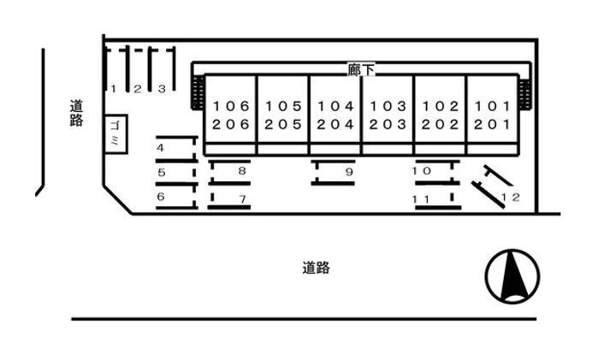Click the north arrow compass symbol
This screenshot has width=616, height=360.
(x=512, y=276)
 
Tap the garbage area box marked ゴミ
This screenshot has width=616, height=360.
(x=115, y=133)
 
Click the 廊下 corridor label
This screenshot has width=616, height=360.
(x=362, y=70)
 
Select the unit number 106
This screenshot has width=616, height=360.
(x=232, y=107)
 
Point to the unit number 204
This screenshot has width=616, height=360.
(x=335, y=124)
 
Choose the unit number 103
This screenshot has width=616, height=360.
(x=388, y=107)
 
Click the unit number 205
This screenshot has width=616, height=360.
(x=284, y=124)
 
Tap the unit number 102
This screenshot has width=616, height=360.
(x=441, y=107)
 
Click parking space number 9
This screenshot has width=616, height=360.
(x=349, y=172)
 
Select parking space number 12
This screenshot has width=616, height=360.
(x=511, y=198)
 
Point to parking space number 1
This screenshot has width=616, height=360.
(x=113, y=88)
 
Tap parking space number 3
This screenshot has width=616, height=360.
(x=161, y=88)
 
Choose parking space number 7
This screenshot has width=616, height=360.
(x=242, y=199)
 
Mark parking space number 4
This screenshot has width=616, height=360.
(x=160, y=148)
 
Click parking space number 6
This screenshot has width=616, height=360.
(x=160, y=197)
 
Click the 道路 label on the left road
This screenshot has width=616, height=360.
(x=77, y=113)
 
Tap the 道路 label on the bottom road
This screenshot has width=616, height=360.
(x=316, y=268)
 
